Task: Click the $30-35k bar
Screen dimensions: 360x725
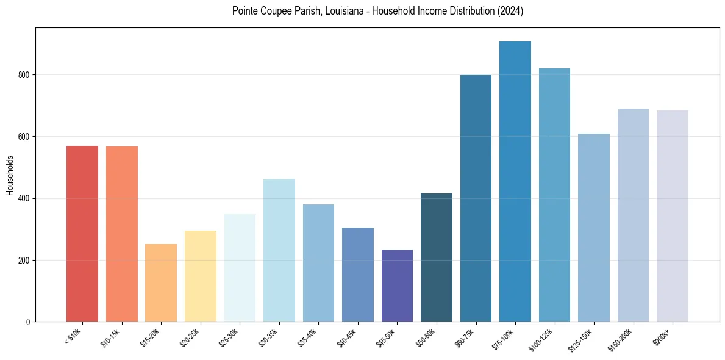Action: (x=279, y=250)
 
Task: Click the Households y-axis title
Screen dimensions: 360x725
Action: (x=10, y=175)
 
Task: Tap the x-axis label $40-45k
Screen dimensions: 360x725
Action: (x=346, y=337)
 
